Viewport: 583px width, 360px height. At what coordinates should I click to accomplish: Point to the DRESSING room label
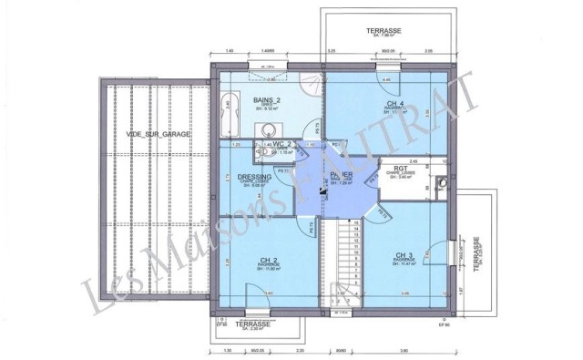[x=248, y=178]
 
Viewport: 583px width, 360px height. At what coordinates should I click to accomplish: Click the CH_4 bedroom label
[x=395, y=104]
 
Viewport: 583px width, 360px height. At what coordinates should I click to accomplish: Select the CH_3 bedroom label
[x=405, y=254]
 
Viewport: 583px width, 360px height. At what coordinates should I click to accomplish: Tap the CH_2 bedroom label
[x=269, y=259]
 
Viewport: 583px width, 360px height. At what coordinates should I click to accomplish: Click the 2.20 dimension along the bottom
[x=300, y=351]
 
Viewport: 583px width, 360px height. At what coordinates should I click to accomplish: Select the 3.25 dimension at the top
[x=332, y=51]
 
